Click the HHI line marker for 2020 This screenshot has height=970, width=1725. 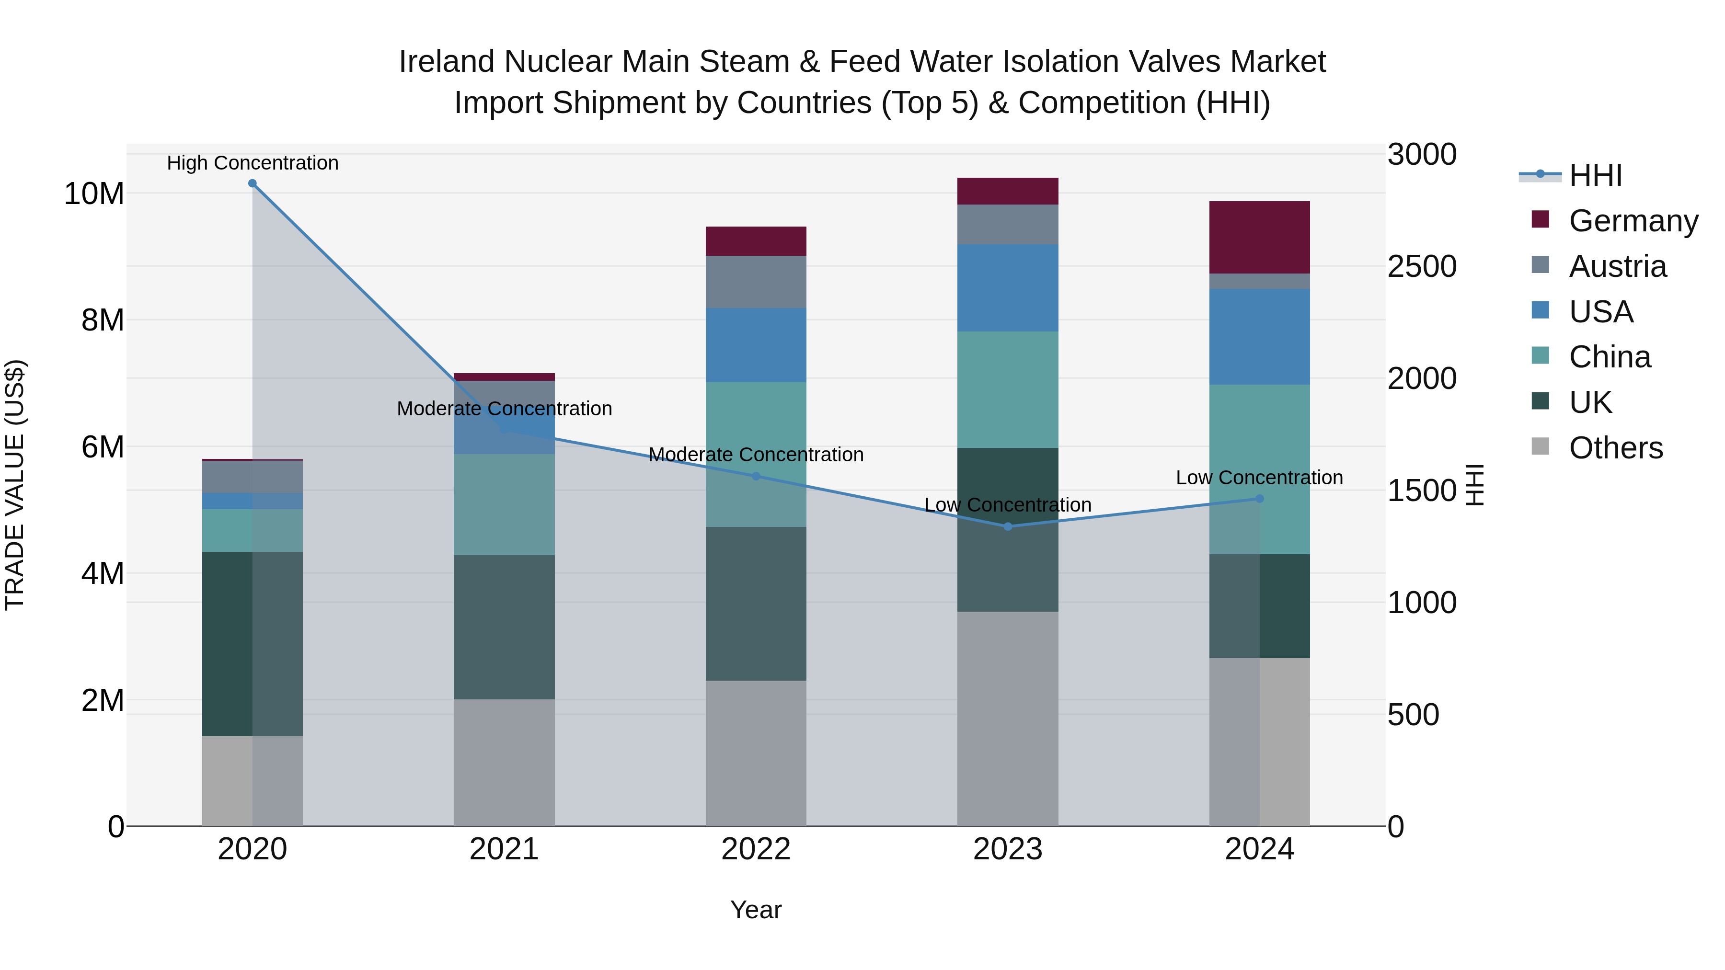tap(253, 183)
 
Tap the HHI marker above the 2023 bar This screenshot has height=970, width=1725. tap(1008, 527)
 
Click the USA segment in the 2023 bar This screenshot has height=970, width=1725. tap(1008, 288)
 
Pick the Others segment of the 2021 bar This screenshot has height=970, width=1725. tap(504, 763)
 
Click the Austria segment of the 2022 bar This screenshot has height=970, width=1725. tap(756, 282)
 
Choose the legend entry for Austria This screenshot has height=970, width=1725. tap(1617, 266)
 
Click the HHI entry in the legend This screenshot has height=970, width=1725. tap(1595, 175)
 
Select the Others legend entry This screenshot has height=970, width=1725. tap(1615, 448)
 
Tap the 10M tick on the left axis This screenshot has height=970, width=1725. tap(94, 194)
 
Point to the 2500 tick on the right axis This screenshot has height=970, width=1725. tap(1422, 266)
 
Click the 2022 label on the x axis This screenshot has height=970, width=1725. tap(756, 849)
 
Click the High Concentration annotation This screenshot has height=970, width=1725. tap(253, 163)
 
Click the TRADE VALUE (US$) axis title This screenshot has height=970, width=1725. tap(15, 485)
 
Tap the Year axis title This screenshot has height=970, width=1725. tap(756, 910)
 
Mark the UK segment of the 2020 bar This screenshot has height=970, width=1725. tap(228, 643)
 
